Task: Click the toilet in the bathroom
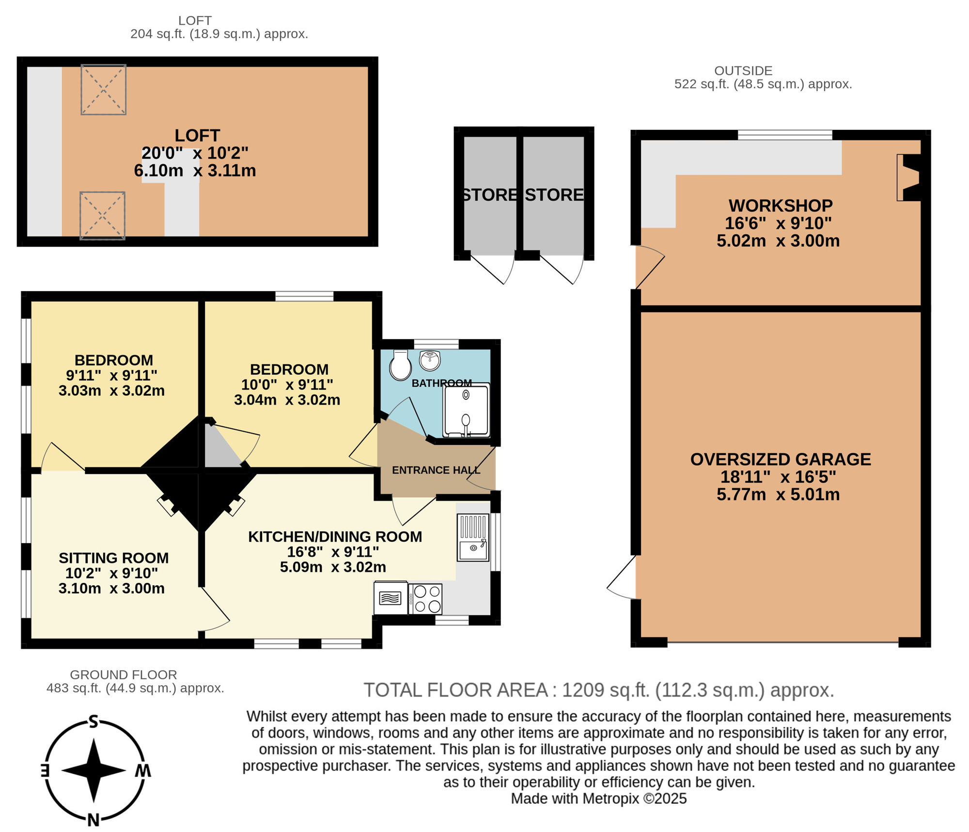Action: pyautogui.click(x=400, y=366)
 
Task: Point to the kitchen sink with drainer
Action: pyautogui.click(x=473, y=537)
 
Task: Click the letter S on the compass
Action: pyautogui.click(x=94, y=722)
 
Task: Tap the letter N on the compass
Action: pyautogui.click(x=94, y=820)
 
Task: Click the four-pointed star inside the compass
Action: pyautogui.click(x=94, y=770)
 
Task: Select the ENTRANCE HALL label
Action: pyautogui.click(x=436, y=470)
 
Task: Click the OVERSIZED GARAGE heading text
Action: pyautogui.click(x=781, y=459)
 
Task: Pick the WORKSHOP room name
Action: pyautogui.click(x=781, y=206)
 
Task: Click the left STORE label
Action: pyautogui.click(x=489, y=195)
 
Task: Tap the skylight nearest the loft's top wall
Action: pyautogui.click(x=103, y=90)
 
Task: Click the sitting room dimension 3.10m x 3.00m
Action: pyautogui.click(x=112, y=588)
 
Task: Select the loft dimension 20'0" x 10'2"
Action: pyautogui.click(x=195, y=153)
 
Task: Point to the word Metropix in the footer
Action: pyautogui.click(x=610, y=799)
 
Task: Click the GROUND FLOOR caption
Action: pyautogui.click(x=124, y=675)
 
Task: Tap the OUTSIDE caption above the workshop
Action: pyautogui.click(x=743, y=71)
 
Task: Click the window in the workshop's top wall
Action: pyautogui.click(x=785, y=135)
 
